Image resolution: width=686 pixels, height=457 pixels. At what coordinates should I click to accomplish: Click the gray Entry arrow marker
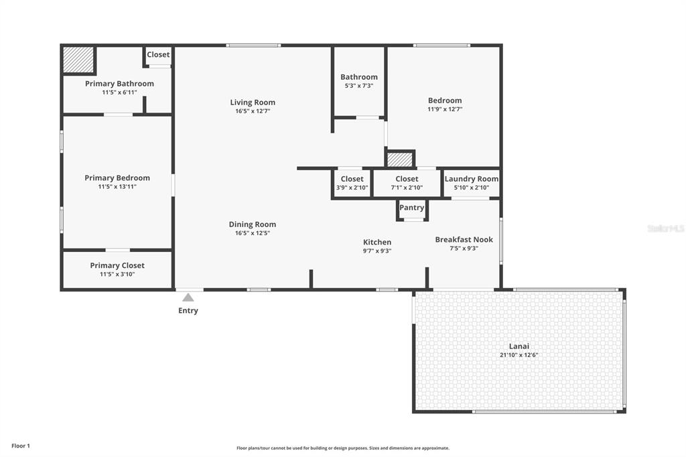click(x=188, y=298)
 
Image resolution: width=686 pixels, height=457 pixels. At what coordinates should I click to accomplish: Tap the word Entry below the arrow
click(x=188, y=310)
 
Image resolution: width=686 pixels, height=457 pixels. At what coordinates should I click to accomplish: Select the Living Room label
click(x=253, y=103)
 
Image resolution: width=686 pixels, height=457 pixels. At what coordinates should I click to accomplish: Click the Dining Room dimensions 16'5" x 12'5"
click(x=253, y=233)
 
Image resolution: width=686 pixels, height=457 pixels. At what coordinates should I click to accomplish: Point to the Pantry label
click(x=412, y=208)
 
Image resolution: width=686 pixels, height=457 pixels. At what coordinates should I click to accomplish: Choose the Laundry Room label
click(x=472, y=179)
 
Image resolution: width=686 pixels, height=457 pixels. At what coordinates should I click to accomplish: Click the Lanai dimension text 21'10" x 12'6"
click(x=519, y=355)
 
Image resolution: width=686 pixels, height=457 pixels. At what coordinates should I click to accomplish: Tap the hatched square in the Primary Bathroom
click(x=78, y=60)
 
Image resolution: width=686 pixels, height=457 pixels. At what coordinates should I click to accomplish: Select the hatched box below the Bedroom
click(x=400, y=159)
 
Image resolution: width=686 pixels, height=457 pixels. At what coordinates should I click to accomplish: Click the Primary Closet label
click(x=117, y=265)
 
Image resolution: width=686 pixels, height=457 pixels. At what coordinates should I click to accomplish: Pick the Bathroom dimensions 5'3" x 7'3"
click(x=359, y=86)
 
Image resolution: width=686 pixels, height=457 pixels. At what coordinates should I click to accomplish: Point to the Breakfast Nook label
click(x=464, y=239)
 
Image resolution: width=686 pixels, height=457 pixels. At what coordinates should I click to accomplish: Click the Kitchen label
click(x=377, y=242)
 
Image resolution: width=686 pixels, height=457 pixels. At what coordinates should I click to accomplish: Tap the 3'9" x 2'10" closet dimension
click(x=352, y=188)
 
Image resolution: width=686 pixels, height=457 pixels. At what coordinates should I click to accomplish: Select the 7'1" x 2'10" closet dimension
click(x=407, y=188)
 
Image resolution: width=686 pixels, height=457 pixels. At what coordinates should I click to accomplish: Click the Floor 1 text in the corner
click(x=21, y=446)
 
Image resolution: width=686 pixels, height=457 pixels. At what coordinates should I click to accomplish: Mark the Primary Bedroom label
click(x=117, y=178)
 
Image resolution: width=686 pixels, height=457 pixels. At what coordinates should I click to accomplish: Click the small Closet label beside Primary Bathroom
click(x=158, y=55)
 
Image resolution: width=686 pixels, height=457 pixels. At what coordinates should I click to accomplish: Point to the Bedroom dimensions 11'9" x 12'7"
click(x=445, y=109)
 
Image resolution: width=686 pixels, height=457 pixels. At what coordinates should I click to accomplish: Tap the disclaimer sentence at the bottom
click(x=343, y=448)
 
